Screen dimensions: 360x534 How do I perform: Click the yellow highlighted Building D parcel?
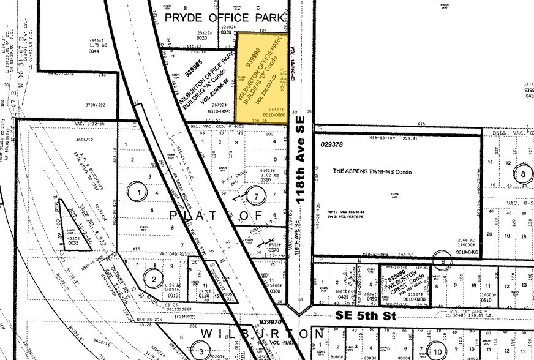click(261, 78)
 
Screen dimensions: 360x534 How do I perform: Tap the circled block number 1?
click(138, 192)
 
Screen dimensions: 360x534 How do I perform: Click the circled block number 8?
click(524, 173)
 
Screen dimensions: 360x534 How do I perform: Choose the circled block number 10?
click(437, 351)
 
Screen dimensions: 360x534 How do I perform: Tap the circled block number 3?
click(201, 351)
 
